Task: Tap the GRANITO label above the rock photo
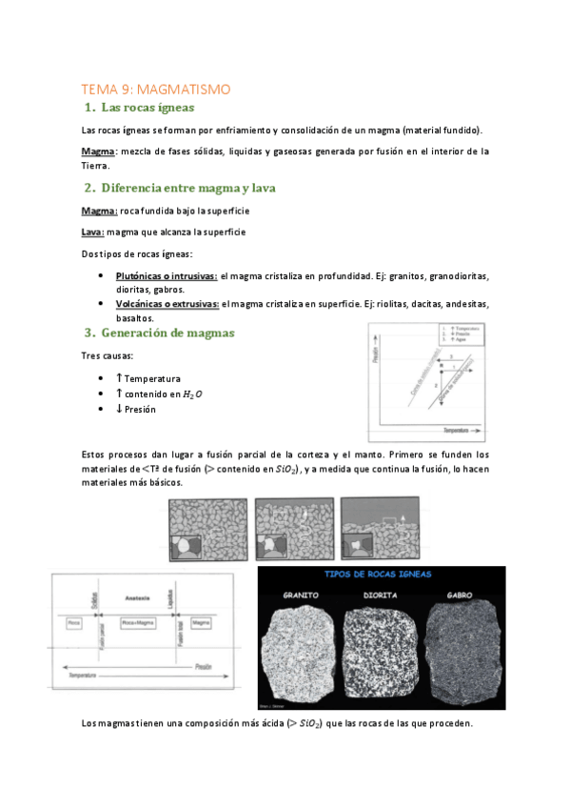point(305,596)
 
